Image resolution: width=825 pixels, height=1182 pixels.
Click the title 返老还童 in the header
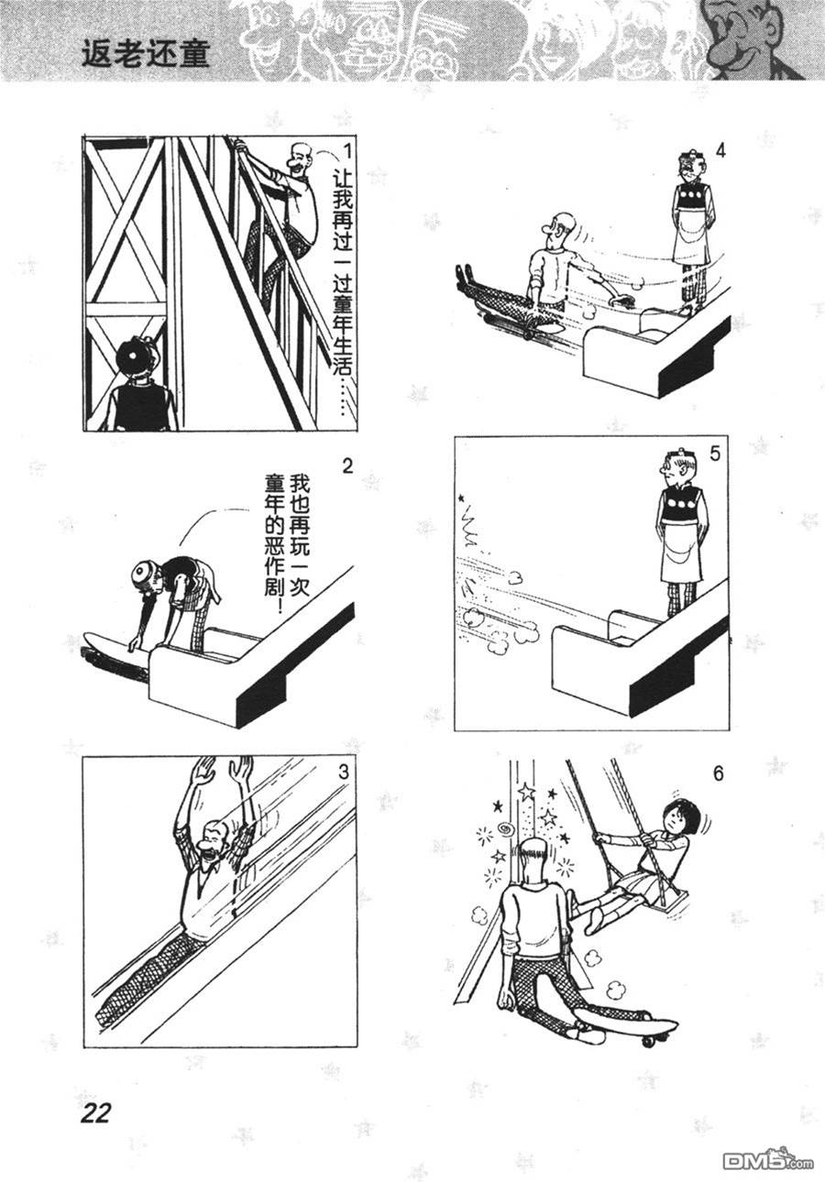147,55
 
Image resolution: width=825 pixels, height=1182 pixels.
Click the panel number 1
346,151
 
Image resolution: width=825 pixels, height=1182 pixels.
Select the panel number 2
346,466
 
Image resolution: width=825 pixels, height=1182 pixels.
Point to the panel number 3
344,772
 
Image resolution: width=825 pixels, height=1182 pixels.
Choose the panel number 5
714,454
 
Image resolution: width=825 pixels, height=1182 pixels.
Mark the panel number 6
718,774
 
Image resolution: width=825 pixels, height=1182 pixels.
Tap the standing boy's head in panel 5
676,467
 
